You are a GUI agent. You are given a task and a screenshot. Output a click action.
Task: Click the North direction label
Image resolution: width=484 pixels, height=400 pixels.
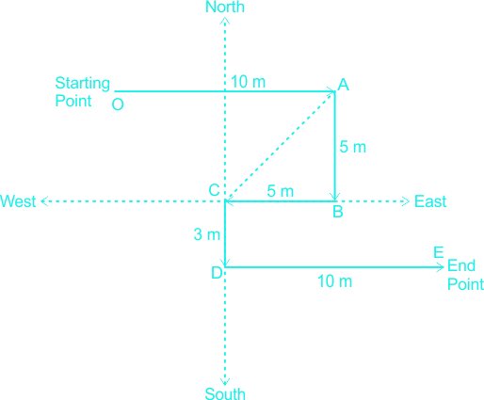click(225, 7)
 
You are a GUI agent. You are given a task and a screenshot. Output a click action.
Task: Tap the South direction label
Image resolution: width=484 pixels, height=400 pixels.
click(225, 393)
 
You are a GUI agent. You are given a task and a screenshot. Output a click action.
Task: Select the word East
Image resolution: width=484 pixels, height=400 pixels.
click(430, 201)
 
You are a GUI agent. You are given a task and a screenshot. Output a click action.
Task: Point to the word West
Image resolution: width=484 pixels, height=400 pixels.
click(18, 201)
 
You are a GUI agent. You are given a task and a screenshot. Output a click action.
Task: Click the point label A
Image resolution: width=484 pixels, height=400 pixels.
click(343, 85)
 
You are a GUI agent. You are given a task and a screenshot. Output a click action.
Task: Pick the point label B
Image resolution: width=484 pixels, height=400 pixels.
click(338, 212)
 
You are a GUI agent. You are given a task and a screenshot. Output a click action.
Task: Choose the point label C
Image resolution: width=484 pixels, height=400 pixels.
click(214, 190)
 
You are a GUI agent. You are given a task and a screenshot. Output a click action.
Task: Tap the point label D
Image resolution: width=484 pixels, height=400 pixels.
click(217, 273)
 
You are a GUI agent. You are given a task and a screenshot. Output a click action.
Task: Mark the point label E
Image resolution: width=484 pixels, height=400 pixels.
click(439, 252)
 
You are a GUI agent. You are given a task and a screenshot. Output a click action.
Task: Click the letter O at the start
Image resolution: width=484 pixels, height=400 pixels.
click(118, 104)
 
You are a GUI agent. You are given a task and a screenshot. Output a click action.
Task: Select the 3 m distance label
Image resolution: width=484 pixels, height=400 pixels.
click(207, 234)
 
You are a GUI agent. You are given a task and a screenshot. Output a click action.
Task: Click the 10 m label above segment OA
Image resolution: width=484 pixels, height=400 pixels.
click(248, 82)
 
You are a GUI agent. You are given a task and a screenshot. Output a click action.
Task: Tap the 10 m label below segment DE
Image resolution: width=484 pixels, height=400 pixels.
click(334, 281)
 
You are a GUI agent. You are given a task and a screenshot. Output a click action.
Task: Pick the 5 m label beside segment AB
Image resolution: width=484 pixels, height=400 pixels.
click(353, 147)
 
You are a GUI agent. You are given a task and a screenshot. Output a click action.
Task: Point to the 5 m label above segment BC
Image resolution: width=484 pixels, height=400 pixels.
click(281, 191)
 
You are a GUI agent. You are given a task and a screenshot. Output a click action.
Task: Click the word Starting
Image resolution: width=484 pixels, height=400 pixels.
click(83, 84)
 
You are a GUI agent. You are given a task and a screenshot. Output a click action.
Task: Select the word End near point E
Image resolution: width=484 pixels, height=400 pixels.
click(461, 265)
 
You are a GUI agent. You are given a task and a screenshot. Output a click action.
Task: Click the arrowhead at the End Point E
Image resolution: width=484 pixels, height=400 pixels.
click(442, 267)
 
